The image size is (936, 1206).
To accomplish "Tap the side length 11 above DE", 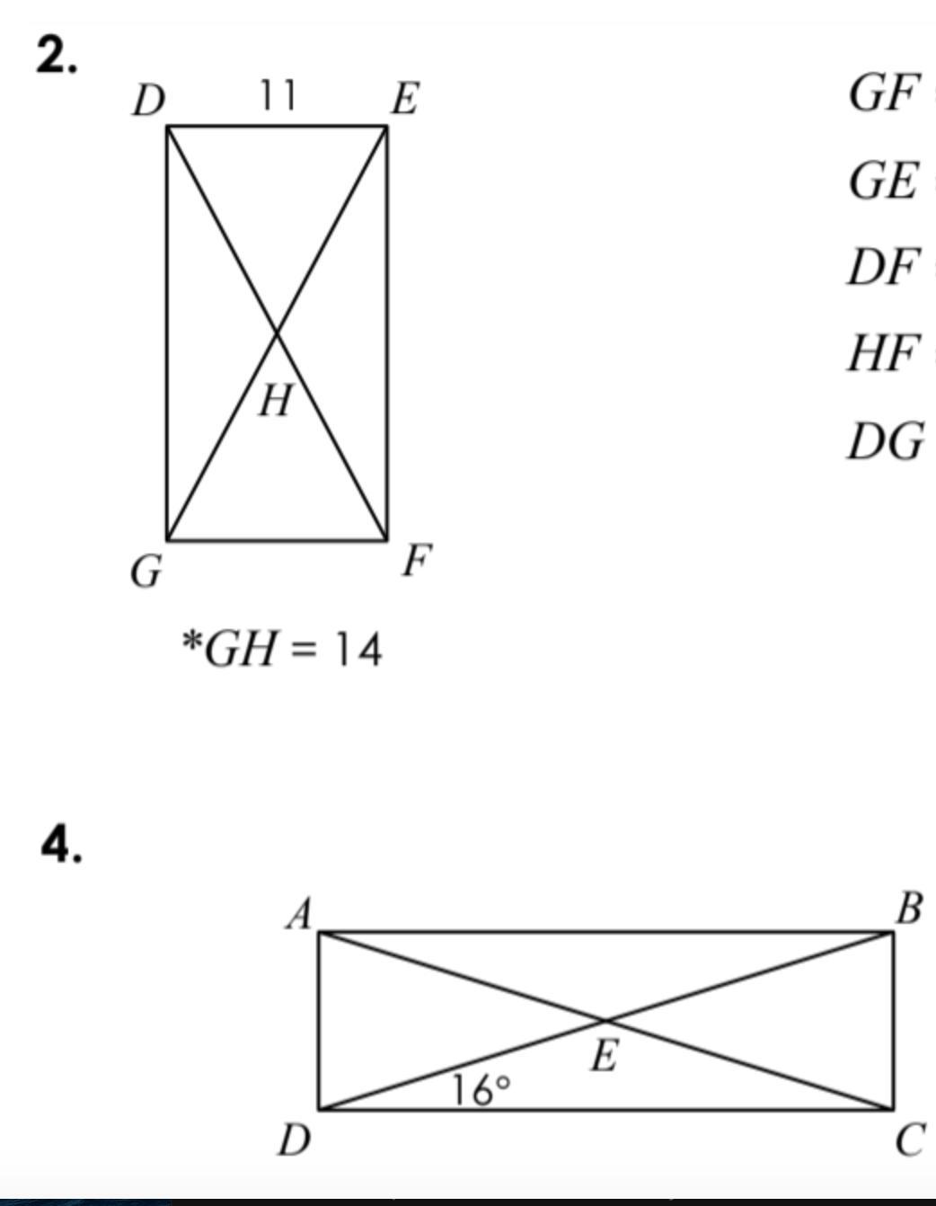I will (x=278, y=95).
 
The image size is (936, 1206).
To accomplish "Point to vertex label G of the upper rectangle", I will (x=147, y=572).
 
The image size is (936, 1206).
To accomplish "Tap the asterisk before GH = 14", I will (x=191, y=643).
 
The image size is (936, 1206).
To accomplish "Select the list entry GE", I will (x=884, y=180).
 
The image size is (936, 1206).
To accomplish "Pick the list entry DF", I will (x=884, y=267).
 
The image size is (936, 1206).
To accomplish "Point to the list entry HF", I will (x=884, y=353).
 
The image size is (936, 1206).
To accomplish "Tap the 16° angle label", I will (x=481, y=1090).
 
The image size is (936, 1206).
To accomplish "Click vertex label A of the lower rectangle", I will (x=300, y=916).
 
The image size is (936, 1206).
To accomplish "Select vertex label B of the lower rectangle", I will (x=908, y=909).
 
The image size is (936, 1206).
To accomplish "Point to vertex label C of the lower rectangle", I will (x=909, y=1140).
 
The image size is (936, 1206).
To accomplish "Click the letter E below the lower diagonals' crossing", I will (x=605, y=1056).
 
